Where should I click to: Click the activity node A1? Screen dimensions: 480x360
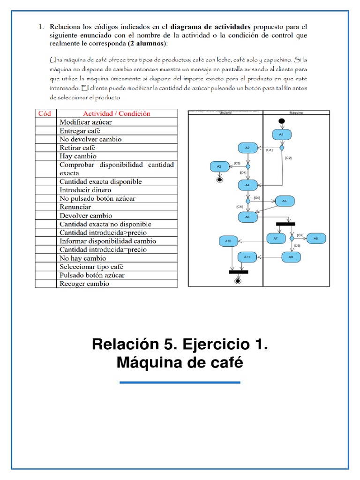pyautogui.click(x=281, y=135)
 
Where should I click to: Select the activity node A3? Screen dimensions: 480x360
pyautogui.click(x=218, y=166)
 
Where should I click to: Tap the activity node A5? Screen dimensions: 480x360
pyautogui.click(x=284, y=201)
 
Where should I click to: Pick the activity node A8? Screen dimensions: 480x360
pyautogui.click(x=315, y=238)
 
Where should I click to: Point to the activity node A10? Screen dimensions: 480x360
pyautogui.click(x=228, y=241)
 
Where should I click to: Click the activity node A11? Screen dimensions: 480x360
pyautogui.click(x=247, y=256)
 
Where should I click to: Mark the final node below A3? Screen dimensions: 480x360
pyautogui.click(x=218, y=179)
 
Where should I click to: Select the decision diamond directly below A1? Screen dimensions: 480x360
pyautogui.click(x=282, y=148)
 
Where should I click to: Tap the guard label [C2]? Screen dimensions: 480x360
pyautogui.click(x=288, y=158)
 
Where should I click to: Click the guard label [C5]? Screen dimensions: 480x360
pyautogui.click(x=256, y=198)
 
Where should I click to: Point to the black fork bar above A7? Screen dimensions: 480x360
pyautogui.click(x=285, y=224)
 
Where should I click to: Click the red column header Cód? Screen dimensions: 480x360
pyautogui.click(x=45, y=113)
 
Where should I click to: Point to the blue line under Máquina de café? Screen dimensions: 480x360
pyautogui.click(x=180, y=382)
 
